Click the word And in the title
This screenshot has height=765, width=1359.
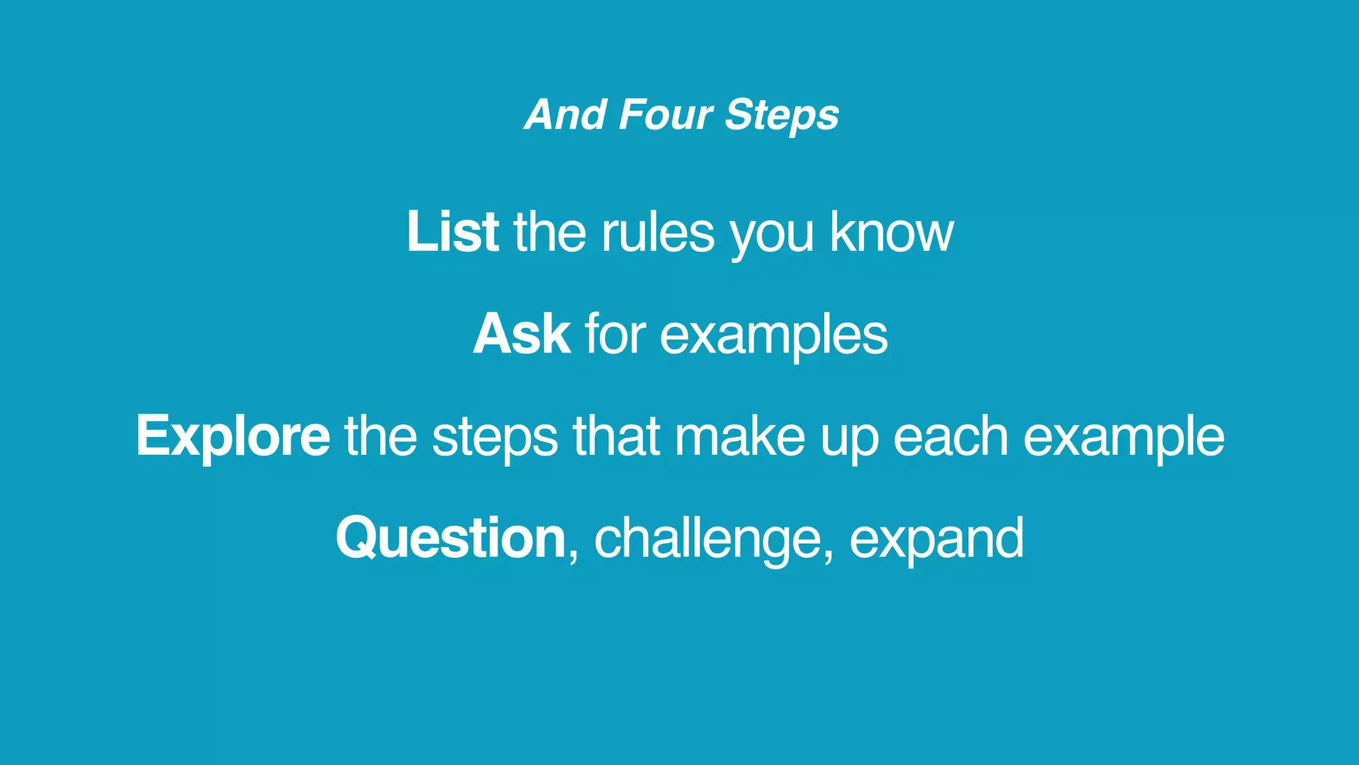coord(565,115)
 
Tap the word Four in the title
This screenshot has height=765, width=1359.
coord(665,115)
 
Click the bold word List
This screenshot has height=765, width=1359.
coord(453,232)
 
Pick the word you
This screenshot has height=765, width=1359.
coord(772,234)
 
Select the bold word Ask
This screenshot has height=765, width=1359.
coord(521,334)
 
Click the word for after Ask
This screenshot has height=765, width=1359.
coord(614,334)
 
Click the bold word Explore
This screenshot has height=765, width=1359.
coord(233,436)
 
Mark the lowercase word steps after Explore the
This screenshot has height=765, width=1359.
coord(495,438)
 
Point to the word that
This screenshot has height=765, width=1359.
coord(616,436)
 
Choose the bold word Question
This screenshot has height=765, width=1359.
coord(451,539)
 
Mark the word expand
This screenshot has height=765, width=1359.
coord(936,540)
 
